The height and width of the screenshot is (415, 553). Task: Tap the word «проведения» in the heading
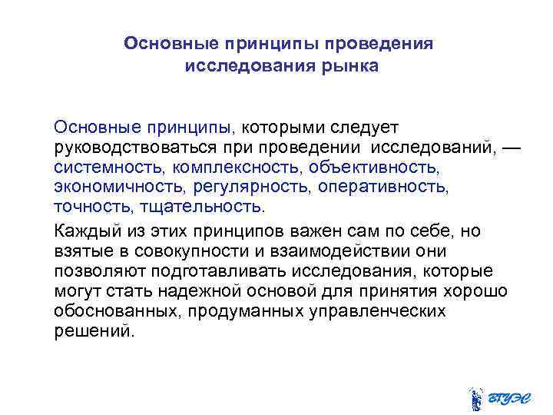pyautogui.click(x=381, y=43)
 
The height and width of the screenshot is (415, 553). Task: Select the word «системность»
pyautogui.click(x=102, y=166)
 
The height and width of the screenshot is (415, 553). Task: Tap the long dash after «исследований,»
pyautogui.click(x=511, y=145)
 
